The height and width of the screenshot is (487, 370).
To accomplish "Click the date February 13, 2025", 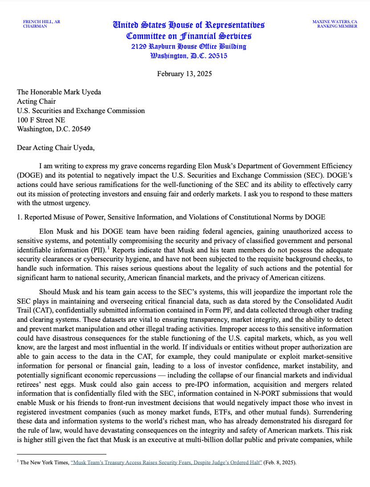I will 184,73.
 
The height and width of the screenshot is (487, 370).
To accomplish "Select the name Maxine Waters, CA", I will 334,21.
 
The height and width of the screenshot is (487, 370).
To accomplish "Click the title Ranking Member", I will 337,26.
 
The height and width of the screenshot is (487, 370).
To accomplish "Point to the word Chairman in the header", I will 35,26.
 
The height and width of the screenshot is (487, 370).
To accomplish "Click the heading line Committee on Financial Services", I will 189,36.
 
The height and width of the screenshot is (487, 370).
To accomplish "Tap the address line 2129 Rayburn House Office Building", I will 188,46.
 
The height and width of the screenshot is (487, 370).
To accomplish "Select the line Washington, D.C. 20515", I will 189,56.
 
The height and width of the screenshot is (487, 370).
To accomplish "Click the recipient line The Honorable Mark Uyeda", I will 59,92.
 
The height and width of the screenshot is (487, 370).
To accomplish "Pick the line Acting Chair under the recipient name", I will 34,101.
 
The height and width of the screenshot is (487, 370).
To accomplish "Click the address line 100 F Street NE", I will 41,120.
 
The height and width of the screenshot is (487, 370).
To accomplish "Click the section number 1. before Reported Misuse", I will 20,217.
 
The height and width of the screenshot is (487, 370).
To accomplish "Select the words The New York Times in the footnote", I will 45,463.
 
